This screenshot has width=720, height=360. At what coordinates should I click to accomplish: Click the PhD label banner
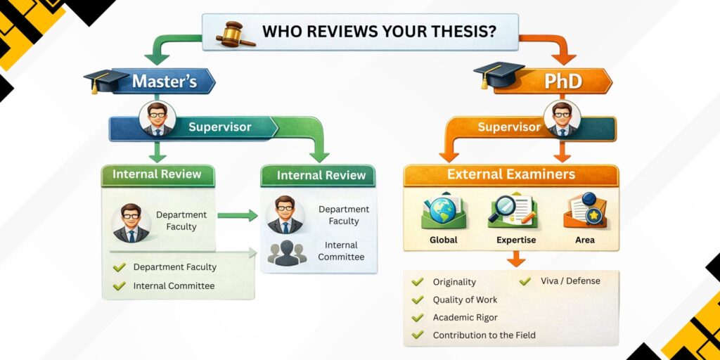(562, 82)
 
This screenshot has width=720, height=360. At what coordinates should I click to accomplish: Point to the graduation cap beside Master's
(102, 79)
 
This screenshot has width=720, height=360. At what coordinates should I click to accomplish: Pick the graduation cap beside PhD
(498, 75)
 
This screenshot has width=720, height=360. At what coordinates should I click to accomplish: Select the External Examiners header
(510, 174)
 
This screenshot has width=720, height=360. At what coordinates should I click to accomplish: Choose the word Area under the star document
(584, 240)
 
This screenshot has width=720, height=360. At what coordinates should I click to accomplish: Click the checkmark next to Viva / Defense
(525, 281)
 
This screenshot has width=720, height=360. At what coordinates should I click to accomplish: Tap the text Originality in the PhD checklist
(454, 282)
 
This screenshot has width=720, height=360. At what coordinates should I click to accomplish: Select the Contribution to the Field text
(484, 335)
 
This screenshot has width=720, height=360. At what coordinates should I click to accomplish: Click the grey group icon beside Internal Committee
(286, 252)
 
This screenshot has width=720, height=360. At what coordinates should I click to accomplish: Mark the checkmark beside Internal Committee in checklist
(119, 286)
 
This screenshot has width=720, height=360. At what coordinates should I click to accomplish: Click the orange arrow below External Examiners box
(515, 259)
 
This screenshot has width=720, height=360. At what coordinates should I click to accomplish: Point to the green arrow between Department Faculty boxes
(237, 215)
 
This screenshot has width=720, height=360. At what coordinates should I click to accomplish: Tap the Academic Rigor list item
(465, 318)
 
